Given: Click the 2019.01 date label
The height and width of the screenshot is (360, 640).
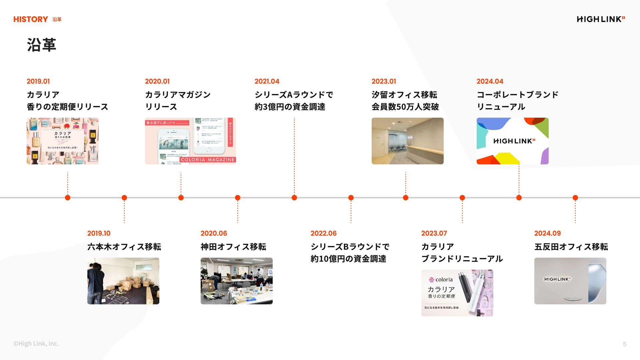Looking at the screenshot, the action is [38, 81].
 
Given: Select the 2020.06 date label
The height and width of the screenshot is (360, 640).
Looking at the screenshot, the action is [214, 233].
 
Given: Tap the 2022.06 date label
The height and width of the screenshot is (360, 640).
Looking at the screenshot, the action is [323, 233].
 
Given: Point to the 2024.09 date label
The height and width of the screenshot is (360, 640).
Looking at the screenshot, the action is [547, 233].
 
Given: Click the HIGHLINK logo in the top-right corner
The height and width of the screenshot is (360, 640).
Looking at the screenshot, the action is [601, 19].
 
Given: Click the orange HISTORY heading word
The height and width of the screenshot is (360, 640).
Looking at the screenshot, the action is [31, 19].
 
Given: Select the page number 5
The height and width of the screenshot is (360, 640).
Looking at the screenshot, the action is [625, 344].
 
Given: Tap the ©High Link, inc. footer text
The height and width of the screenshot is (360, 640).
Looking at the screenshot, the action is [36, 343].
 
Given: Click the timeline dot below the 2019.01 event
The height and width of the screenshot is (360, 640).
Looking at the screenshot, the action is [68, 198].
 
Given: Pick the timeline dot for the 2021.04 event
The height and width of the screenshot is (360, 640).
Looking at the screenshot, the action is [294, 198].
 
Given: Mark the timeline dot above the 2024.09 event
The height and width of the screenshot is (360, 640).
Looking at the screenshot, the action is [575, 198].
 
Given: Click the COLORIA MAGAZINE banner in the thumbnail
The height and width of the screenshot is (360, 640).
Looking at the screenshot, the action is [208, 160].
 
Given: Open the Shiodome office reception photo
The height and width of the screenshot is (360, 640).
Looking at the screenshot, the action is [407, 141].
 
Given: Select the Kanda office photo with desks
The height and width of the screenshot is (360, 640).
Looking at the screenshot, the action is [236, 281].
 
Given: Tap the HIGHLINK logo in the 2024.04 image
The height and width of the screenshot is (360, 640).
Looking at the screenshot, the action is [514, 141].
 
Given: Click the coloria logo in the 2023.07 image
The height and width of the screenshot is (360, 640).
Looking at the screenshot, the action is [441, 280].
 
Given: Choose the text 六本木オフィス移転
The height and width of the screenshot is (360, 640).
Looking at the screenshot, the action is [124, 247].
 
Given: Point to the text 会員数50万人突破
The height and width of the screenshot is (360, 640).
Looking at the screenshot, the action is [405, 107].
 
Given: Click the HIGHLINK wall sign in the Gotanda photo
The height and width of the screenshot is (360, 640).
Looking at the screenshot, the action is [557, 279].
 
